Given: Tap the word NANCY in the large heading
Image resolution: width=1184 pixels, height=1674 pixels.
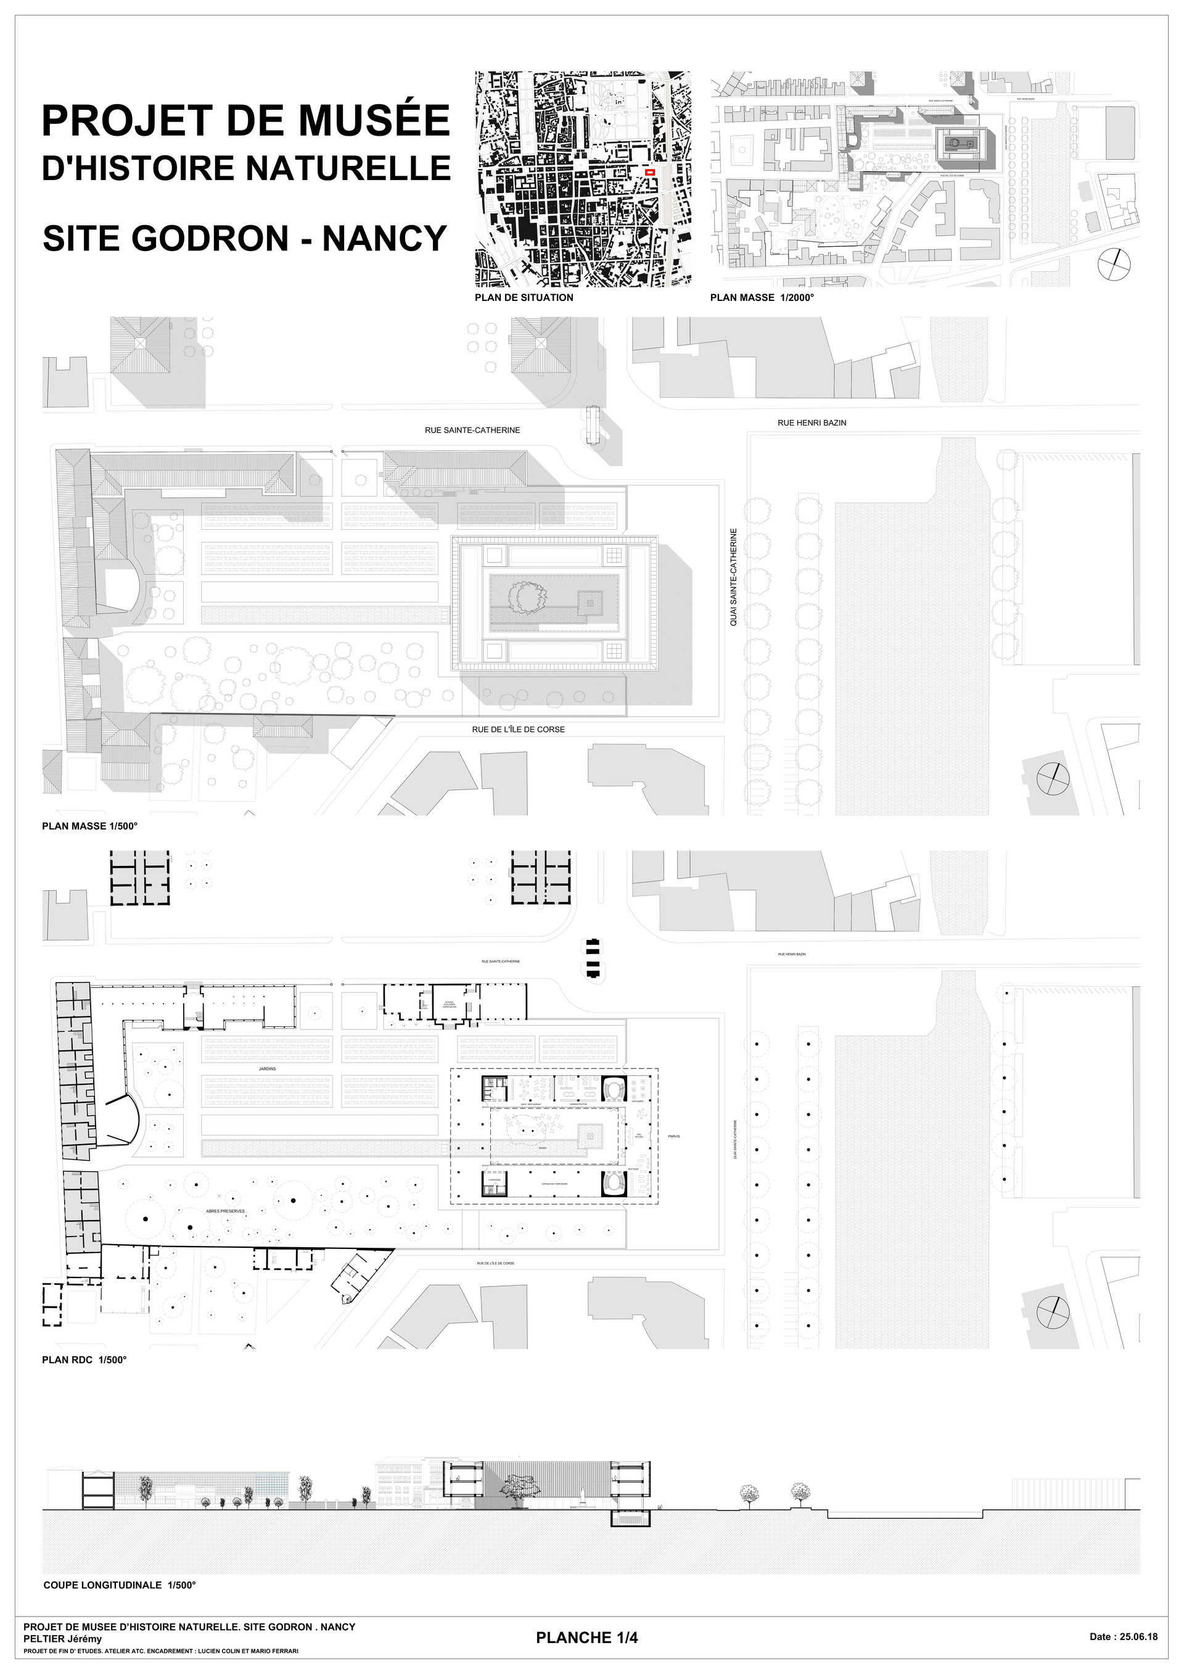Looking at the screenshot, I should [x=384, y=239].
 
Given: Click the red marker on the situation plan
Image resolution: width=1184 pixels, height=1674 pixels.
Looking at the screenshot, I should [x=651, y=172].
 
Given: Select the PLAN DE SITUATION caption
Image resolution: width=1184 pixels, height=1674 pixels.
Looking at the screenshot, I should [x=524, y=297].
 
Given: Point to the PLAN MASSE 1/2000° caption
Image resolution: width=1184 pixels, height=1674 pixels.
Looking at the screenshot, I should [x=762, y=297].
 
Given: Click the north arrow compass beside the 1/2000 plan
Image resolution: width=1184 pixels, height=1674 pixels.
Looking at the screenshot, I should [x=1115, y=264].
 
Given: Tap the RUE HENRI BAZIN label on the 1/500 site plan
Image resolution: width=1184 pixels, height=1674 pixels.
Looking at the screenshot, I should [x=812, y=423].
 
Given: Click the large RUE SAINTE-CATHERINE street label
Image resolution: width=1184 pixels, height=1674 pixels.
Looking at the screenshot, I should [x=472, y=430].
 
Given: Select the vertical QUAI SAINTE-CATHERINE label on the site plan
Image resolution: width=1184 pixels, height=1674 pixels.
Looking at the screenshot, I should [x=733, y=577].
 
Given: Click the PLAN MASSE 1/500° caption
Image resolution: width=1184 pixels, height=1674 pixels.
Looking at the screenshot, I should [x=89, y=826].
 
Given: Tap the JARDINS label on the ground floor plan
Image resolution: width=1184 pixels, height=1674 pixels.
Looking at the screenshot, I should [x=267, y=1069].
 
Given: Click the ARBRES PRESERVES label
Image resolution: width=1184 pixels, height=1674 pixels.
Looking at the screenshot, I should [x=225, y=1211].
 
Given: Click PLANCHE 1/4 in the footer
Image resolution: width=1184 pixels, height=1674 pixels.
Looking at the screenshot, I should [x=587, y=1638].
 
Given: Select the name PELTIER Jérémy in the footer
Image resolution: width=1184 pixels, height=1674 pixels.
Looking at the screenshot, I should [x=63, y=1639].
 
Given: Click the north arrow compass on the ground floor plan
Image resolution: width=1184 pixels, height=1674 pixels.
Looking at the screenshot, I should [x=1052, y=1313].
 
